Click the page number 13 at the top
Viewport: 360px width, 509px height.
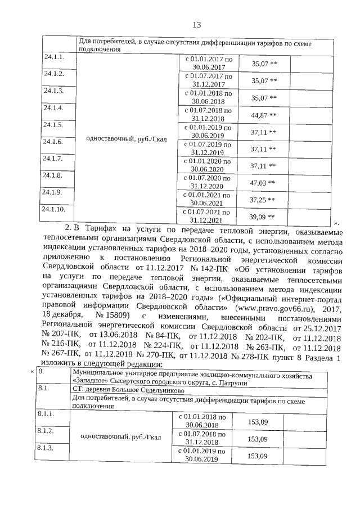197,25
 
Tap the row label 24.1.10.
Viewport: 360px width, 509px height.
55,209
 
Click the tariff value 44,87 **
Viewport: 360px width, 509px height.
263,115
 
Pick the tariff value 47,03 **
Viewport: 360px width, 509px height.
263,182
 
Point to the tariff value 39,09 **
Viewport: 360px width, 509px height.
263,216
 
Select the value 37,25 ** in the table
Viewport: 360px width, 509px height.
263,199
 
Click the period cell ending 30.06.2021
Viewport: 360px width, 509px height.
208,199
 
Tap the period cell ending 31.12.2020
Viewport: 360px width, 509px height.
208,182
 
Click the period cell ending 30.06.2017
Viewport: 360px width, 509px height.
208,62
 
